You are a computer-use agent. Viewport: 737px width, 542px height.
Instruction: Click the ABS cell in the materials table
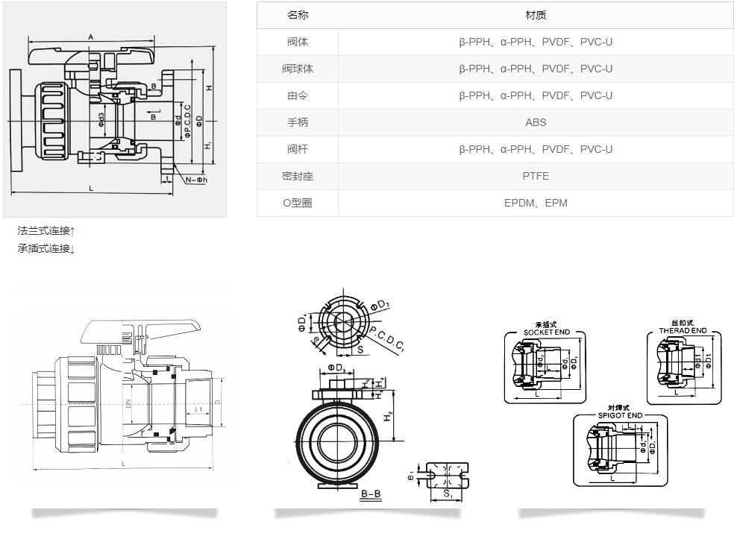coord(536,122)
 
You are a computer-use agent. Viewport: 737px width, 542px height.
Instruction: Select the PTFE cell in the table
coord(536,176)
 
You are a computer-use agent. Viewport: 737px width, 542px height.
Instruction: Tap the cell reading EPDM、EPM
coord(536,203)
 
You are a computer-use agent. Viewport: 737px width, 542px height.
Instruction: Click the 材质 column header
coord(536,15)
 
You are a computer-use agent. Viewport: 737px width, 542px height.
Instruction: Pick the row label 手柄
coord(298,122)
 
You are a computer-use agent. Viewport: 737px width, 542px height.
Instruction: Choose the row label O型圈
coord(298,203)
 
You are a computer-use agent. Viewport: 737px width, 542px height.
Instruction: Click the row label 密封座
coord(298,176)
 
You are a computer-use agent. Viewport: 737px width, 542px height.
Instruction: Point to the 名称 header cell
coord(298,15)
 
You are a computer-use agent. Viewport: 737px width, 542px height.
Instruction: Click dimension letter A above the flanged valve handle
coord(90,37)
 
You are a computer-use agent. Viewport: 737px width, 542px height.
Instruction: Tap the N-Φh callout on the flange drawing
coord(196,180)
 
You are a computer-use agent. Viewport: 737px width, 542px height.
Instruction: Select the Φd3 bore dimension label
coord(101,118)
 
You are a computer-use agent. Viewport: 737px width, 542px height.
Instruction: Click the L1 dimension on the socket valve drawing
coord(198,410)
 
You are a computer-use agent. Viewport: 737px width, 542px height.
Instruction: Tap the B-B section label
coord(371,494)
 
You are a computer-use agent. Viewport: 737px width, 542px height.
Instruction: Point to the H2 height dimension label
coord(389,417)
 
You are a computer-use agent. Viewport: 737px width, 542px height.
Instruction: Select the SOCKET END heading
coord(546,332)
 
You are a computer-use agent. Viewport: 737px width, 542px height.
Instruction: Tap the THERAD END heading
coord(683,330)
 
